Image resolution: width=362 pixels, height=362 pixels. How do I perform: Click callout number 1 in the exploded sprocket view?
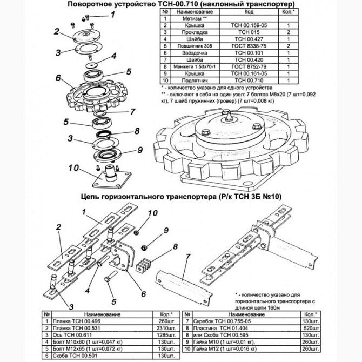tap(112, 15)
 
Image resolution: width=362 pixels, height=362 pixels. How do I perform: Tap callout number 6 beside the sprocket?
tap(58, 77)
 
